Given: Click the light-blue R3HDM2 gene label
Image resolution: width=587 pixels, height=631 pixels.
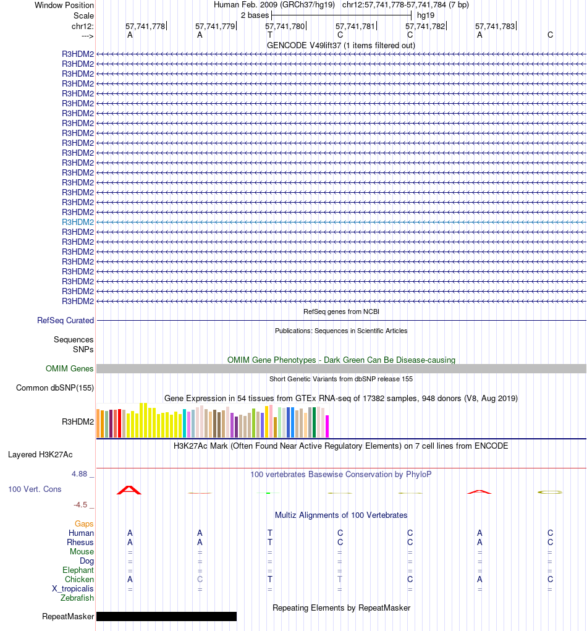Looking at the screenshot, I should (78, 222).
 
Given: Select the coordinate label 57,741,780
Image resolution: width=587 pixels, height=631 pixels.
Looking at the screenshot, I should (285, 27).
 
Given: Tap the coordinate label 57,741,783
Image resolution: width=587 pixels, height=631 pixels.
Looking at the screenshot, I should (494, 27).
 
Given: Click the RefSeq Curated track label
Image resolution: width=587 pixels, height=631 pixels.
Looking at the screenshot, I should (65, 320).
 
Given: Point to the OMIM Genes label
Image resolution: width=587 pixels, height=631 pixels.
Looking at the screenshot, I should (70, 368).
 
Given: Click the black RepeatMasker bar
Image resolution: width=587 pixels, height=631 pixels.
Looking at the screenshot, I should (166, 616).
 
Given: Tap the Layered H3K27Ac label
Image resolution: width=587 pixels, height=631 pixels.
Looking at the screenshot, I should (40, 454).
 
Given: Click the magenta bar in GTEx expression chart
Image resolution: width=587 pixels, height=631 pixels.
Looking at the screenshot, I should (327, 426).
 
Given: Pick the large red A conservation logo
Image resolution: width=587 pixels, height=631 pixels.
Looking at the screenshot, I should (130, 490).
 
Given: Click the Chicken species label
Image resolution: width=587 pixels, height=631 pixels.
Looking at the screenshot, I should (79, 580).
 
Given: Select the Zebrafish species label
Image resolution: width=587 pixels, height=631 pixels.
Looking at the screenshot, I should (77, 598).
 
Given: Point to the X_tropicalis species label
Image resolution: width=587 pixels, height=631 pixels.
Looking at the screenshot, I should (73, 589).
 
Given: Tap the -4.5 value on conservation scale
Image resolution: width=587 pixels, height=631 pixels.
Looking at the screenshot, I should (81, 504).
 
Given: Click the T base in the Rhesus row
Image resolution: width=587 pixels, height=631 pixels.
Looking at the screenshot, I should (270, 543).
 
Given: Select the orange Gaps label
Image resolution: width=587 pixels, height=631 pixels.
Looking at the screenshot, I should (84, 524).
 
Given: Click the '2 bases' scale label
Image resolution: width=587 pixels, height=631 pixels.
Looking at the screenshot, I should (255, 15).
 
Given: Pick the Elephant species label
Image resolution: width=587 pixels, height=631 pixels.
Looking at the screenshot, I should (78, 570).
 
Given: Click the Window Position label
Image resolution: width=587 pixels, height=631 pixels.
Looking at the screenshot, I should (64, 5).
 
